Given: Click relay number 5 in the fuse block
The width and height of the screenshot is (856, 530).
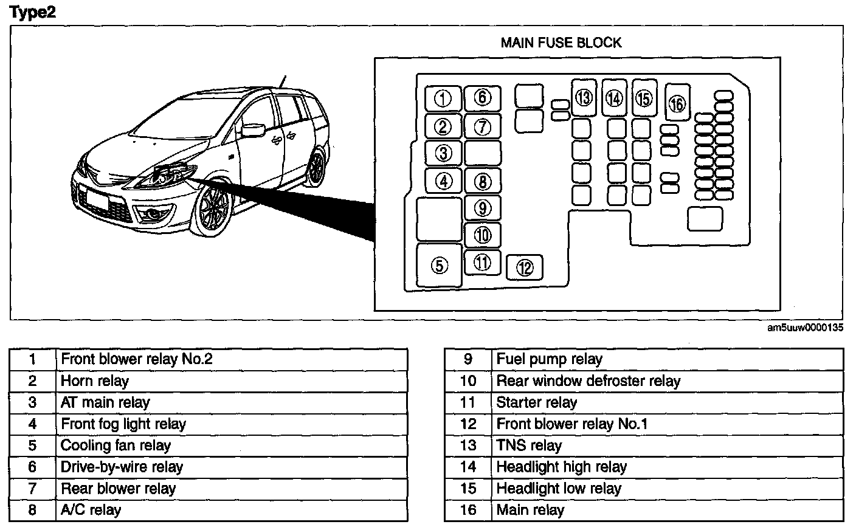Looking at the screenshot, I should point(440,265).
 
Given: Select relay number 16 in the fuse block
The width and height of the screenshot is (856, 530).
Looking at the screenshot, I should point(677,103).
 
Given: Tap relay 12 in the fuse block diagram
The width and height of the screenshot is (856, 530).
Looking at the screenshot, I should point(525,267).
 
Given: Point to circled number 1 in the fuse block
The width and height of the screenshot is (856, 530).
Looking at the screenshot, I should point(443,98).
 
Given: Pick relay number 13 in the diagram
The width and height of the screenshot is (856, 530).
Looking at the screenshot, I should point(584,97).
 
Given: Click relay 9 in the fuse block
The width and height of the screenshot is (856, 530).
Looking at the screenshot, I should point(482,208).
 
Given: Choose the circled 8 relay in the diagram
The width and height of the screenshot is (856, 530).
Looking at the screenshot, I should point(482,181).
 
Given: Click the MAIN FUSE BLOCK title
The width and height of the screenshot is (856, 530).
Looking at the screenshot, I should point(561,43).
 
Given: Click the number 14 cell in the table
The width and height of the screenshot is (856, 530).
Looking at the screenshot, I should point(468,467).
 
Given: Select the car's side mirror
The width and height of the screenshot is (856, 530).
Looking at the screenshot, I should point(252,129).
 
